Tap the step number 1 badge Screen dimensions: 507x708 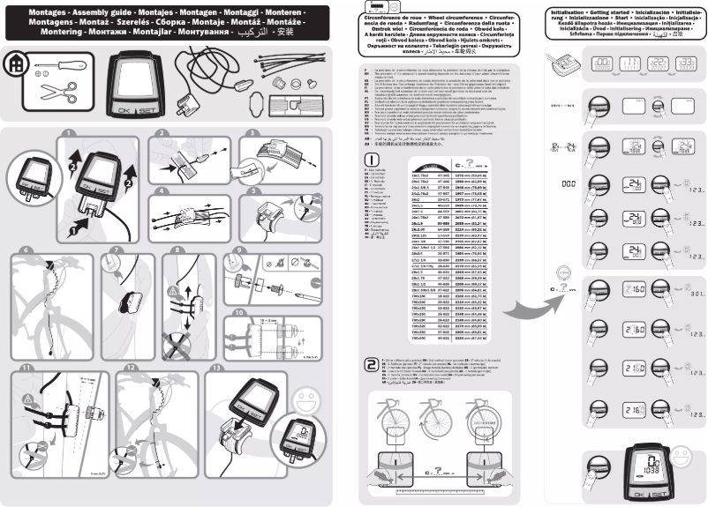pyautogui.click(x=69, y=135)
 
